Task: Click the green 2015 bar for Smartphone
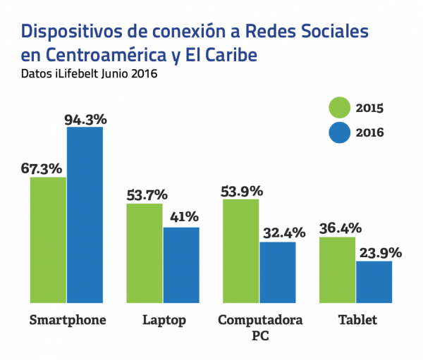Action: (48, 240)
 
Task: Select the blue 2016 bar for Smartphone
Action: (85, 216)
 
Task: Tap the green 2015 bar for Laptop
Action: (145, 254)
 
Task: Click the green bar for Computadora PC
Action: (241, 252)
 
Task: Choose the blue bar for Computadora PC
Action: (278, 273)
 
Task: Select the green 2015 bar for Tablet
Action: (338, 271)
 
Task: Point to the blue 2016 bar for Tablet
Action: (374, 283)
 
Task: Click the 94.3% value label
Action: (85, 120)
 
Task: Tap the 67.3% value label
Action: (42, 169)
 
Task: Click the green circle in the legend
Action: (340, 108)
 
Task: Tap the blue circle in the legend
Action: (340, 132)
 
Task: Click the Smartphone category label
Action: (68, 320)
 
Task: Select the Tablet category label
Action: (356, 320)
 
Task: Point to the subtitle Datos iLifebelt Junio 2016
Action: (88, 73)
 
